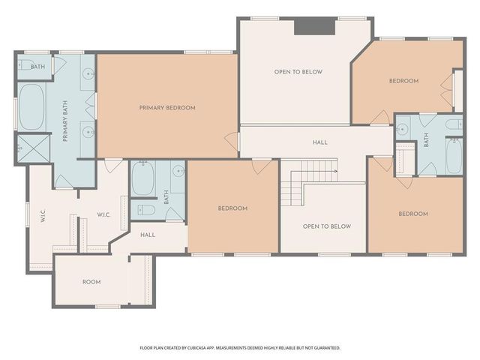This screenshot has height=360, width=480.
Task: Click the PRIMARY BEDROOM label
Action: pyautogui.click(x=167, y=108)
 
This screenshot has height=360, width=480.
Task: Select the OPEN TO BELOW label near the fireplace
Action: pyautogui.click(x=298, y=72)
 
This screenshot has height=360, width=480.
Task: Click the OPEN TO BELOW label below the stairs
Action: pyautogui.click(x=326, y=226)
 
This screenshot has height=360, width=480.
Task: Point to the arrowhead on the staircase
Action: pyautogui.click(x=335, y=171)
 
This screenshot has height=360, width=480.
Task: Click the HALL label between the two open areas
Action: pyautogui.click(x=319, y=142)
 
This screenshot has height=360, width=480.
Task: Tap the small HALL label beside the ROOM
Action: pyautogui.click(x=148, y=235)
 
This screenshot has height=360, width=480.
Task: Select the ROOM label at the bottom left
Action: pyautogui.click(x=91, y=282)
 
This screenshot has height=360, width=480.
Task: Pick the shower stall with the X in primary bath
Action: pyautogui.click(x=31, y=147)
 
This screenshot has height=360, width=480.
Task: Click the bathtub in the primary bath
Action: pyautogui.click(x=31, y=106)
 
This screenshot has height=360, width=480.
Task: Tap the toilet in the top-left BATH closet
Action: pyautogui.click(x=24, y=65)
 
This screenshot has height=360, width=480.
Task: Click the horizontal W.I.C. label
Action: pyautogui.click(x=103, y=215)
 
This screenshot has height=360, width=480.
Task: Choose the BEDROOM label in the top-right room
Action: pyautogui.click(x=403, y=81)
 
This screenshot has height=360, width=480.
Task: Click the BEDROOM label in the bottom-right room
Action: pyautogui.click(x=412, y=214)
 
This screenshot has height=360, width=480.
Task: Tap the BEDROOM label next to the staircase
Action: pyautogui.click(x=232, y=208)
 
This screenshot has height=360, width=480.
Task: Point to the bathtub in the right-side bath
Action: pyautogui.click(x=454, y=155)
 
